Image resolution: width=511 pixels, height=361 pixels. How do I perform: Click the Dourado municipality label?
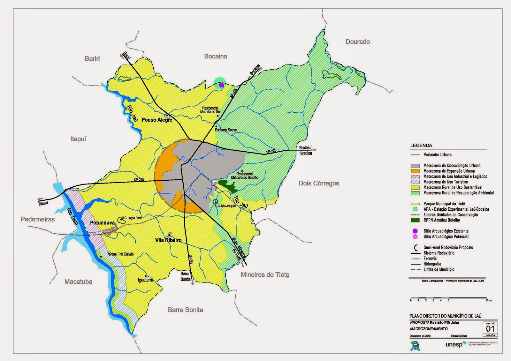[357, 42]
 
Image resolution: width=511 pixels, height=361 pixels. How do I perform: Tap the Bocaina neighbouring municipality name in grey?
[216, 56]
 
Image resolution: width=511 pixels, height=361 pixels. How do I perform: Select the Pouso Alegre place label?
[157, 120]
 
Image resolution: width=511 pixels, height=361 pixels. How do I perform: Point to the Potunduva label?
[102, 223]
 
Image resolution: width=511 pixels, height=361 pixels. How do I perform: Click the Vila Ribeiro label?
[168, 240]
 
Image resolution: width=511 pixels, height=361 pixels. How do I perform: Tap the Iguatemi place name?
[145, 280]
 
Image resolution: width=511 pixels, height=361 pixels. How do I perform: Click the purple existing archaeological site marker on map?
[221, 85]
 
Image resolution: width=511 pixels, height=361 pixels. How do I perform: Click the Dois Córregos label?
[319, 183]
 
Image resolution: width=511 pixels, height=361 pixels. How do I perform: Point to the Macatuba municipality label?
[78, 282]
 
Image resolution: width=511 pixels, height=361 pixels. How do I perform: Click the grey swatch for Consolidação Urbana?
[415, 166]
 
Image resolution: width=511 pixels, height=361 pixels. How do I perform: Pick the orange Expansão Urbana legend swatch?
[415, 171]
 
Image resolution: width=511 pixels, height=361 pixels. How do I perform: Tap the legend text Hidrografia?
[432, 264]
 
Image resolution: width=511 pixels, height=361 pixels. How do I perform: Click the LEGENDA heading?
[421, 146]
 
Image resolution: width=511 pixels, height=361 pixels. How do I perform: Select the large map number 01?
[490, 328]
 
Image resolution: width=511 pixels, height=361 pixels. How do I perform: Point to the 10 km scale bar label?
[489, 300]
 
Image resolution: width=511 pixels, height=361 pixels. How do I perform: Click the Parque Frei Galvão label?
[120, 254]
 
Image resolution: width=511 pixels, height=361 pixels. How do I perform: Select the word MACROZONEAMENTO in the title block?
[429, 329]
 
